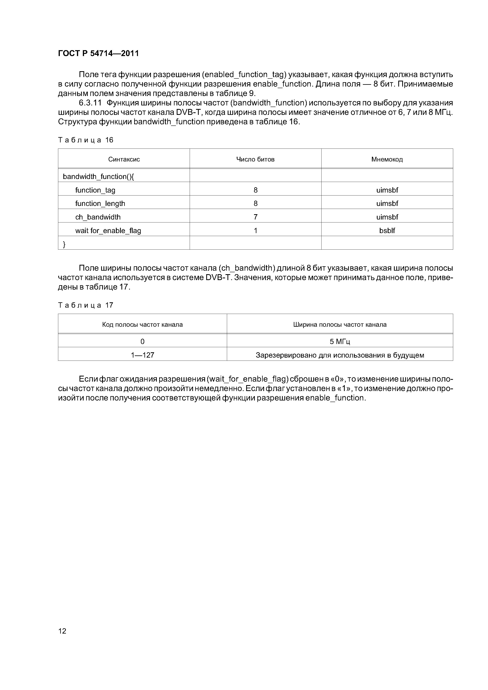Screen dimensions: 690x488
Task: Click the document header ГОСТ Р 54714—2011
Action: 98,54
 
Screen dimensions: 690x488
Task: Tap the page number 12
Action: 62,631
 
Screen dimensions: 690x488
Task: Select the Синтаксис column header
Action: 124,159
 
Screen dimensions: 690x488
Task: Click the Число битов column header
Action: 255,159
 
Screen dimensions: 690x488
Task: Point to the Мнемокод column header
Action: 387,159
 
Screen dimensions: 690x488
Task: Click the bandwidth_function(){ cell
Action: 98,176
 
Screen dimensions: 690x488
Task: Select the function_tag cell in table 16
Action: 95,190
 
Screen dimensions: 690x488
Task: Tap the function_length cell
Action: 100,203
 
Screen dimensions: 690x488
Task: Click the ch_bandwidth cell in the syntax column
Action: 98,217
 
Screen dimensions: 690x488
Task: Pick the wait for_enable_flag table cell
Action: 108,231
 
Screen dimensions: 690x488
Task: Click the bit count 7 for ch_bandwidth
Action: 255,217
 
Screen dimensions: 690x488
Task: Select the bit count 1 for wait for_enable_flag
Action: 255,231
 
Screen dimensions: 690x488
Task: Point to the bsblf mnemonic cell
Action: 387,231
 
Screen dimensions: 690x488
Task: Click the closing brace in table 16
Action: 64,244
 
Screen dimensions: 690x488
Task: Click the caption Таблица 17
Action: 86,305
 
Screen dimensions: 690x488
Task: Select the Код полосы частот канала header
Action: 142,325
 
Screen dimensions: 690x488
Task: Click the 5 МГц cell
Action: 340,341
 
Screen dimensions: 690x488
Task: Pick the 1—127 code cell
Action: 142,355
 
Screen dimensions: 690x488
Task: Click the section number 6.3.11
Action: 90,103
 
